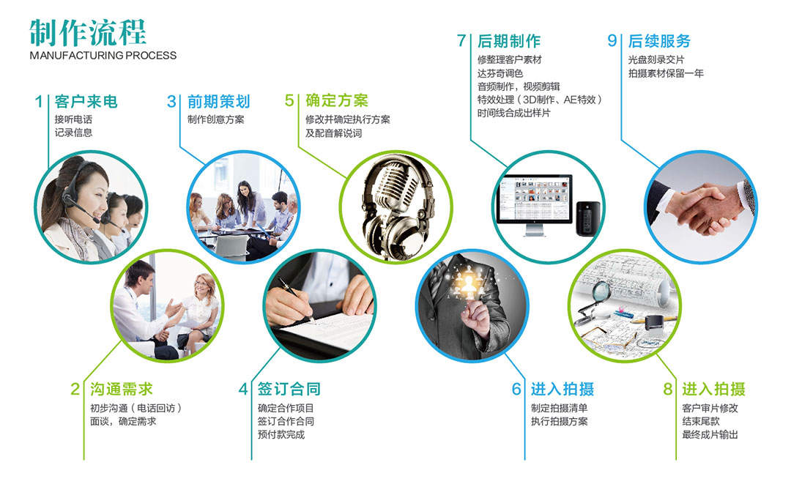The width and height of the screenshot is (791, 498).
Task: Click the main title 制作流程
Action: coord(88,33)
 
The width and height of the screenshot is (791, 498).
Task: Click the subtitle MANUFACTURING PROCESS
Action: coord(103,56)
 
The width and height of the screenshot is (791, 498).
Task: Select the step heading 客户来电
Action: coord(86,101)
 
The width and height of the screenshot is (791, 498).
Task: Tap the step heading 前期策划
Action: coord(219,101)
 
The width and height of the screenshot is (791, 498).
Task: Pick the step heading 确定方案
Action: coord(337,100)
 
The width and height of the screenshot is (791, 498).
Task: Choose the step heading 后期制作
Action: coord(509,41)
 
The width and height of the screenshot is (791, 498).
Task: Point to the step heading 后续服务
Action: coord(659,41)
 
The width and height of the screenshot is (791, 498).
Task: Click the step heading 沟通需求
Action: coord(122,389)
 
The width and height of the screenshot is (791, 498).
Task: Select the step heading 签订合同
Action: coord(289,389)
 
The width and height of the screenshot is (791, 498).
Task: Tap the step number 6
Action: coord(516,389)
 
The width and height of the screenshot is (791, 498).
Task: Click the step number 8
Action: coord(667,389)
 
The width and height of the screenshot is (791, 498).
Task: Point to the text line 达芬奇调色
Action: coord(500,73)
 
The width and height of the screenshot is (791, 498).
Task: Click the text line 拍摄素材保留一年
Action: coord(666,73)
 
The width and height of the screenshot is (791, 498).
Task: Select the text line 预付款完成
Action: coord(281,434)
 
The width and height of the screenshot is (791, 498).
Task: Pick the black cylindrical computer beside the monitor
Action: coord(587,218)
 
